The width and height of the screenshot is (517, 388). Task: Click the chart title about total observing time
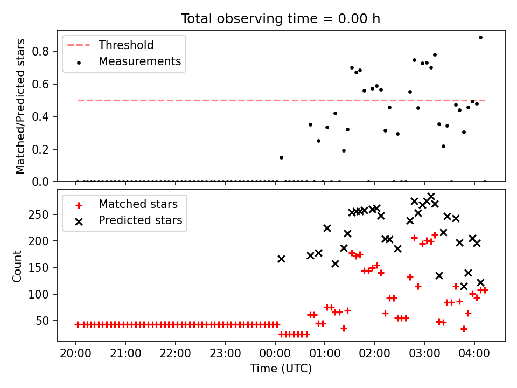coord(281,18)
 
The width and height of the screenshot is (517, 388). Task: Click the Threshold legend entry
coord(125,45)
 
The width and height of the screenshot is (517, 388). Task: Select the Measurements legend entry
coord(139,61)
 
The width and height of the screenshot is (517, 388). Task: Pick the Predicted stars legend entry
coord(140,220)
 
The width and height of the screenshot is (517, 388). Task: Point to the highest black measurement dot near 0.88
coord(480,37)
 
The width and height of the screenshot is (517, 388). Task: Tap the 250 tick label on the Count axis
coord(42,214)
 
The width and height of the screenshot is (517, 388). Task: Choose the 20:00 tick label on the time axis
coord(76,356)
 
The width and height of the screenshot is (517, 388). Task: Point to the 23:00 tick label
coord(225,356)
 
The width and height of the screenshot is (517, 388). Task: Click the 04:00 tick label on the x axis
coord(474,356)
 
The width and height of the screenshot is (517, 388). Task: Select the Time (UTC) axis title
coord(281,369)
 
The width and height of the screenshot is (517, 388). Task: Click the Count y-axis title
coord(18,266)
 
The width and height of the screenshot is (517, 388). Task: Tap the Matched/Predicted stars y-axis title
coord(20,106)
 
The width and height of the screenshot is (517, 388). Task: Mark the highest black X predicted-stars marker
coord(431,197)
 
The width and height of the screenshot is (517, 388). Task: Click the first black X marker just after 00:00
coord(281,259)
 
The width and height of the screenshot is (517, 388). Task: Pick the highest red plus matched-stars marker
coord(414,238)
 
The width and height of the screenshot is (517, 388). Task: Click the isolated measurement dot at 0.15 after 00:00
coord(281,157)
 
